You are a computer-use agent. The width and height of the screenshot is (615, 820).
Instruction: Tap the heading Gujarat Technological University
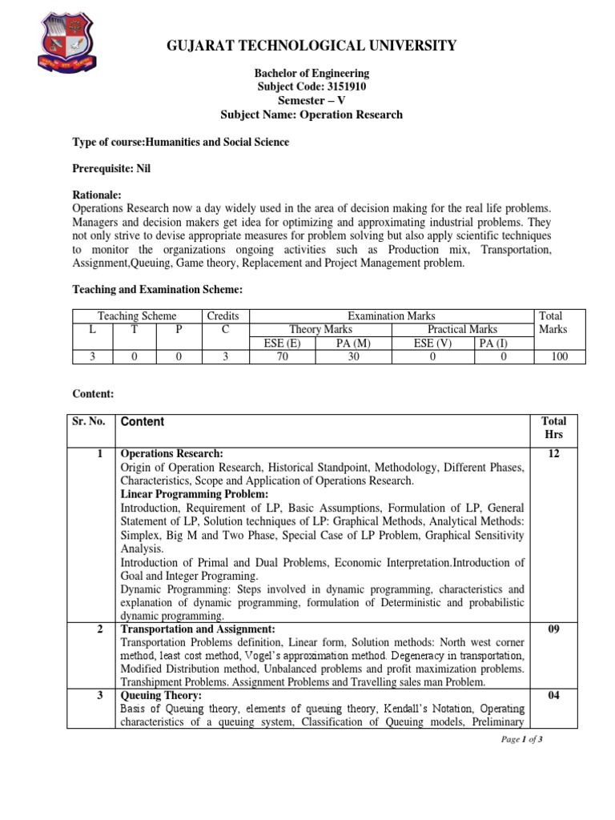tap(312, 46)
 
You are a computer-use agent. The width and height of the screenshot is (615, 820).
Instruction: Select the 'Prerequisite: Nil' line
tap(111, 169)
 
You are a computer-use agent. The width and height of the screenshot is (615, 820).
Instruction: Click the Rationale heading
tap(97, 195)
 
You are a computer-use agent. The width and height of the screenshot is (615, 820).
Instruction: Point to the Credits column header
tap(223, 316)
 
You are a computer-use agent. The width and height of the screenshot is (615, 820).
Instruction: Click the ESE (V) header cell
tap(432, 343)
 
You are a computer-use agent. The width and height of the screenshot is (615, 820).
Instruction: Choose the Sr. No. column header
tap(90, 421)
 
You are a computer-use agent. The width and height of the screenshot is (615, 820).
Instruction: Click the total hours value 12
tap(553, 454)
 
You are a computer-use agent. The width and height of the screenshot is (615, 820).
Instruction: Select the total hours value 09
tap(553, 629)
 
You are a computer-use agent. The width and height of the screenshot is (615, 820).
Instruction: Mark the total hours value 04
tap(553, 696)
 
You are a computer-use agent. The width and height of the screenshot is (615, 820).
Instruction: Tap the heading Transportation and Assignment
tap(198, 629)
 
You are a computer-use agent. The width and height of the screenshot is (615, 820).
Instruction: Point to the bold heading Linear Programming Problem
tap(183, 495)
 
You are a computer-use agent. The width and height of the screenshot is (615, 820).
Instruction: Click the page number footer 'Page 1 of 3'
tap(521, 739)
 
